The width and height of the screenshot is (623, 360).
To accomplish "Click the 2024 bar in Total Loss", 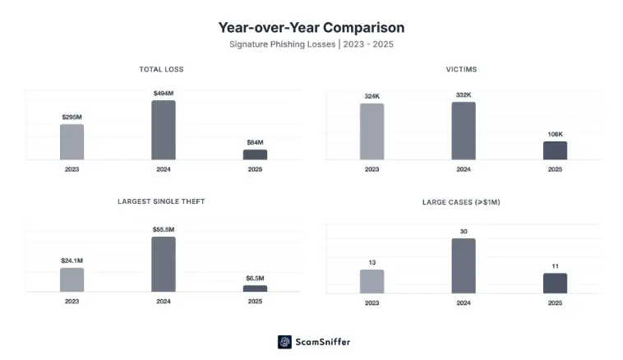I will click(x=163, y=130).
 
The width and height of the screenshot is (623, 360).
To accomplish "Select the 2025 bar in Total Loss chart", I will click(x=255, y=155).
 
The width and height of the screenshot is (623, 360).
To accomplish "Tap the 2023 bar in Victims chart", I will click(x=371, y=132).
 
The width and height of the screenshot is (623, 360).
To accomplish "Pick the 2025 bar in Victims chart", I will click(x=555, y=150).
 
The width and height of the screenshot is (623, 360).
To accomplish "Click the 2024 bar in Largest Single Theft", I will click(x=163, y=264).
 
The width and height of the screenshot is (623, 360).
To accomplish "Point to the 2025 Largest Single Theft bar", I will click(x=255, y=288).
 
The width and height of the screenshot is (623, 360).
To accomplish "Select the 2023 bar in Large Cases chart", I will click(x=371, y=281).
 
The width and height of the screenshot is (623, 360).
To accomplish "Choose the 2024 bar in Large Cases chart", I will click(x=464, y=265).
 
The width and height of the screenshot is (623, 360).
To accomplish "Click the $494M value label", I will click(x=163, y=93).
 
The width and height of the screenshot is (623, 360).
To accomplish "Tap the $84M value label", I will click(x=255, y=142).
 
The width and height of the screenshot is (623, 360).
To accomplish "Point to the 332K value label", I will click(x=464, y=95).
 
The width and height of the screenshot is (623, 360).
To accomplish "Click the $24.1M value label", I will click(x=72, y=261).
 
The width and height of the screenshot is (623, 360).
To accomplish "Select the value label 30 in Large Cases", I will click(x=464, y=232).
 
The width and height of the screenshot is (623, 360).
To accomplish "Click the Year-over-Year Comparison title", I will click(x=311, y=28).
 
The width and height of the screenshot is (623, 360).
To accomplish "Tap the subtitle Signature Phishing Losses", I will click(x=311, y=44).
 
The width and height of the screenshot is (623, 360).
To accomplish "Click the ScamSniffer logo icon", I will click(x=284, y=342).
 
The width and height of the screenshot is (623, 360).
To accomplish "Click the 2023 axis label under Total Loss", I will click(x=72, y=169).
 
